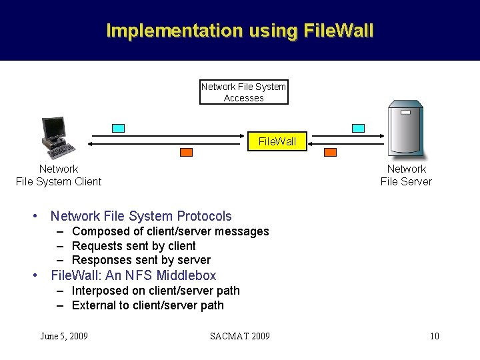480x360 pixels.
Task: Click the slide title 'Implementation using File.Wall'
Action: pos(240,31)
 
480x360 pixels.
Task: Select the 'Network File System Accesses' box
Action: pos(244,92)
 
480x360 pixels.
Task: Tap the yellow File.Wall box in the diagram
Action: pos(277,141)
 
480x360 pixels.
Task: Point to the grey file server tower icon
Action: pos(405,129)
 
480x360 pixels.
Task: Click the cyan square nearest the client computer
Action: pos(118,128)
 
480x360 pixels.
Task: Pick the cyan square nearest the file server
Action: pos(358,128)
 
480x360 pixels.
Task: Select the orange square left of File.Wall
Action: pos(186,152)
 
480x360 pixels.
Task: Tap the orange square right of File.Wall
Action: pos(330,152)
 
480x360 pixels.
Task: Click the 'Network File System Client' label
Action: pos(59,175)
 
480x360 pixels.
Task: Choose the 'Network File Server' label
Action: pos(406,175)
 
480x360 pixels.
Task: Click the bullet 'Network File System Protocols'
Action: pos(141,216)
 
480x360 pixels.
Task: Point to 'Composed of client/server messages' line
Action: pos(170,231)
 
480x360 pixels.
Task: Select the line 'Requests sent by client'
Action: pos(133,246)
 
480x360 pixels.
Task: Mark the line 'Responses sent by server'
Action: pos(141,260)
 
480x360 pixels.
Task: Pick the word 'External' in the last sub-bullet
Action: pos(94,305)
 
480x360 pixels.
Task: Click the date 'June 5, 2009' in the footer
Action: pos(64,336)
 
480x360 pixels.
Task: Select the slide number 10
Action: pos(434,336)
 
